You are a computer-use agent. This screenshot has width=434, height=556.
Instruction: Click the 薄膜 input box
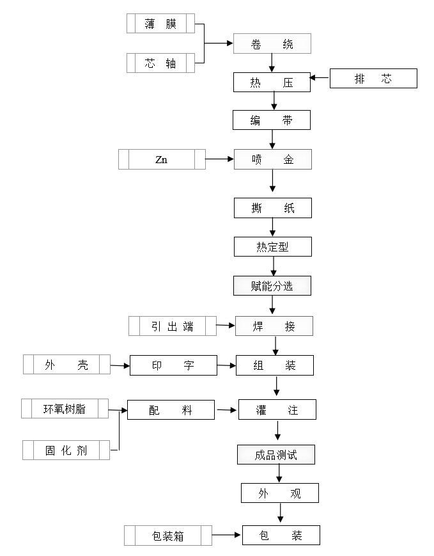coord(160,24)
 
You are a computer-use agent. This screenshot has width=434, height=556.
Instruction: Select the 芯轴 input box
coord(160,63)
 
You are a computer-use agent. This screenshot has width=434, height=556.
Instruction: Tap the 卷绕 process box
coord(272,44)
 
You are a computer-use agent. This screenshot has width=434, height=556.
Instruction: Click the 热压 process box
coord(272,82)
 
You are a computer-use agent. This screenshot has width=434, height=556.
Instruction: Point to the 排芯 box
coord(373,79)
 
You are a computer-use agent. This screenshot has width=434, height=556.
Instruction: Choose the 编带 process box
coord(272,120)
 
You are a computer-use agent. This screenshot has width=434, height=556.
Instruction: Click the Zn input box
coord(162,159)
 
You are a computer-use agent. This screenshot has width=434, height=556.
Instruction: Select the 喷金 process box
coord(272,159)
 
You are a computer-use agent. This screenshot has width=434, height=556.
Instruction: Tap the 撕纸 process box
coord(273,208)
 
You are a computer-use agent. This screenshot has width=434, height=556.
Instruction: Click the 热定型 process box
coord(273,247)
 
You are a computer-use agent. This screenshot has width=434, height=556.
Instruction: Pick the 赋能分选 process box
coord(272,286)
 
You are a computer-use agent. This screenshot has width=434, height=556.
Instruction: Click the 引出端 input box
coord(172,326)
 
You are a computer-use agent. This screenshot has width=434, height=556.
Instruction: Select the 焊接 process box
coord(274,326)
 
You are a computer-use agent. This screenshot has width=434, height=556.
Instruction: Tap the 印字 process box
coord(173,365)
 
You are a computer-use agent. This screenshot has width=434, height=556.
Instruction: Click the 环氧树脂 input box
coord(64,408)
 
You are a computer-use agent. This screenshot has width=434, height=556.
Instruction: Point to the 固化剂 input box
coord(66,450)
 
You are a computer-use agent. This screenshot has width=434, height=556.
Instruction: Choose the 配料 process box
coord(171,410)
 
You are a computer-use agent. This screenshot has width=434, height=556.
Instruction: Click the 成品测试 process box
coord(276,455)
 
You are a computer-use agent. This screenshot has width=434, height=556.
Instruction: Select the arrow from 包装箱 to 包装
coord(226,534)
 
